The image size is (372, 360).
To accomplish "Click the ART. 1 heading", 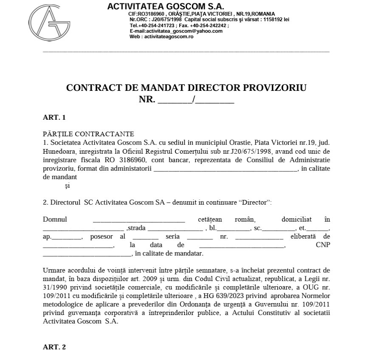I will click(54, 117).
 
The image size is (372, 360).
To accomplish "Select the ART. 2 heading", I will click(54, 347).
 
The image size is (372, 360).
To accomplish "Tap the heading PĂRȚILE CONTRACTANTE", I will click(88, 134).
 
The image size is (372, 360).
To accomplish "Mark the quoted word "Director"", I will click(256, 202).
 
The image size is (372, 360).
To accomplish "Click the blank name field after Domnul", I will click(139, 220).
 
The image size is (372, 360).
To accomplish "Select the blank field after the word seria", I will click(197, 237).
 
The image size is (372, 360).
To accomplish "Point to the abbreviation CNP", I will click(323, 245).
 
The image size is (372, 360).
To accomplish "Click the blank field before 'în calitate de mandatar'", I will click(87, 254).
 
